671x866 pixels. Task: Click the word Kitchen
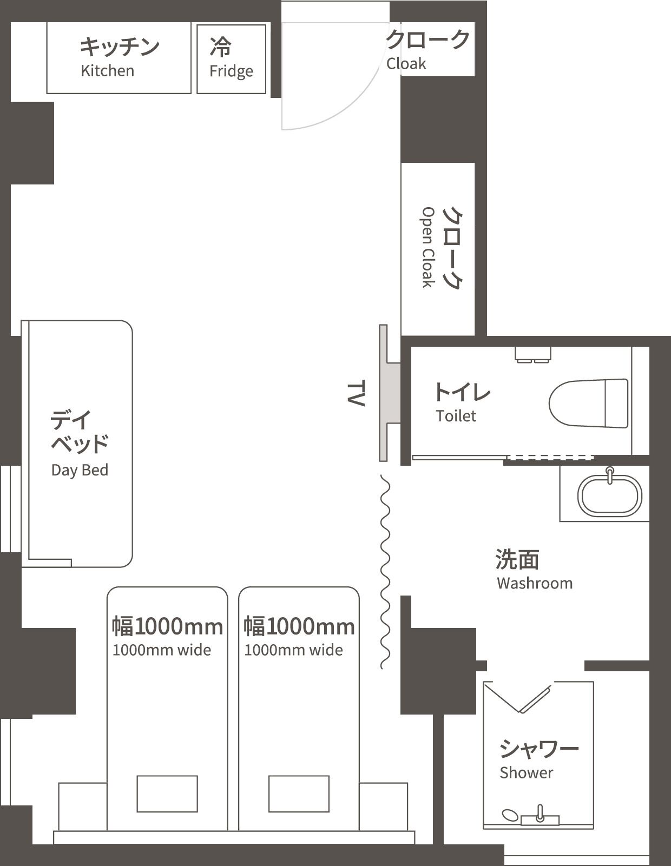point(107,71)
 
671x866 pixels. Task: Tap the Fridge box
point(231,59)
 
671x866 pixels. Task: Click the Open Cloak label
point(428,247)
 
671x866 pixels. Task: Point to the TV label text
point(356,393)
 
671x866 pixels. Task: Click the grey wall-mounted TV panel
point(384,393)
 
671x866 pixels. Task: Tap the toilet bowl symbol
point(589,403)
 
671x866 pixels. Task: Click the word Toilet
point(456,416)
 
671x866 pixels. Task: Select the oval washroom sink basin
point(610,495)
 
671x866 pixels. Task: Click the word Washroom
point(535,583)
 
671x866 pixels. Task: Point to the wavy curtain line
point(385,572)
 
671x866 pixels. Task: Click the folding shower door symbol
point(519,698)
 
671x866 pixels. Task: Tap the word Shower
point(526,772)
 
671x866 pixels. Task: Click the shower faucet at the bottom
point(540,815)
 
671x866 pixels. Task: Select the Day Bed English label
point(80,470)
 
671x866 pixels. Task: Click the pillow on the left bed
point(167,794)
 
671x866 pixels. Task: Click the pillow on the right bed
point(299,794)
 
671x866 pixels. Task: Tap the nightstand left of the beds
point(82,806)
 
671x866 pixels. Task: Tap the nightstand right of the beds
point(383,806)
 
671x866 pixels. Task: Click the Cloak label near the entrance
point(406,64)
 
